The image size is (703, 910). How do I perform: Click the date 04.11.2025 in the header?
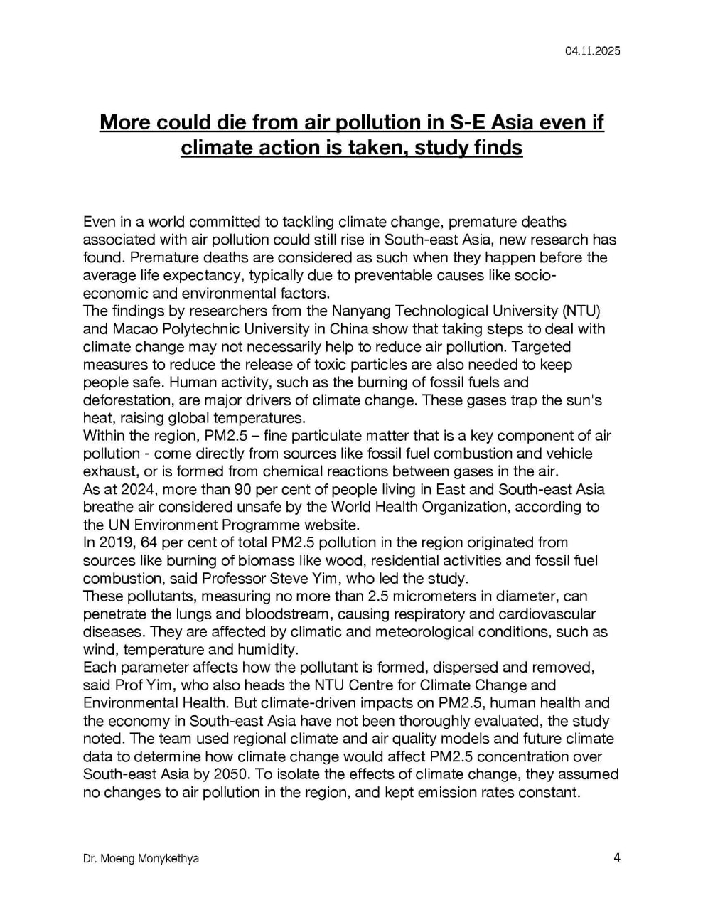(x=593, y=51)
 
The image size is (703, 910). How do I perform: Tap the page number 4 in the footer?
(x=617, y=857)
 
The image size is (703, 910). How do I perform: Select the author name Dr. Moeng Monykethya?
(x=141, y=859)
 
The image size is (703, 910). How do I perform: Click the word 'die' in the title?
(x=228, y=122)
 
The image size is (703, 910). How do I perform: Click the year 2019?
(x=117, y=543)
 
